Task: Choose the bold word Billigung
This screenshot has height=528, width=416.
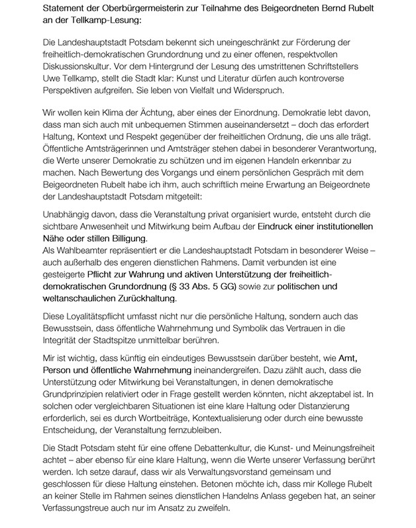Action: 124,239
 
